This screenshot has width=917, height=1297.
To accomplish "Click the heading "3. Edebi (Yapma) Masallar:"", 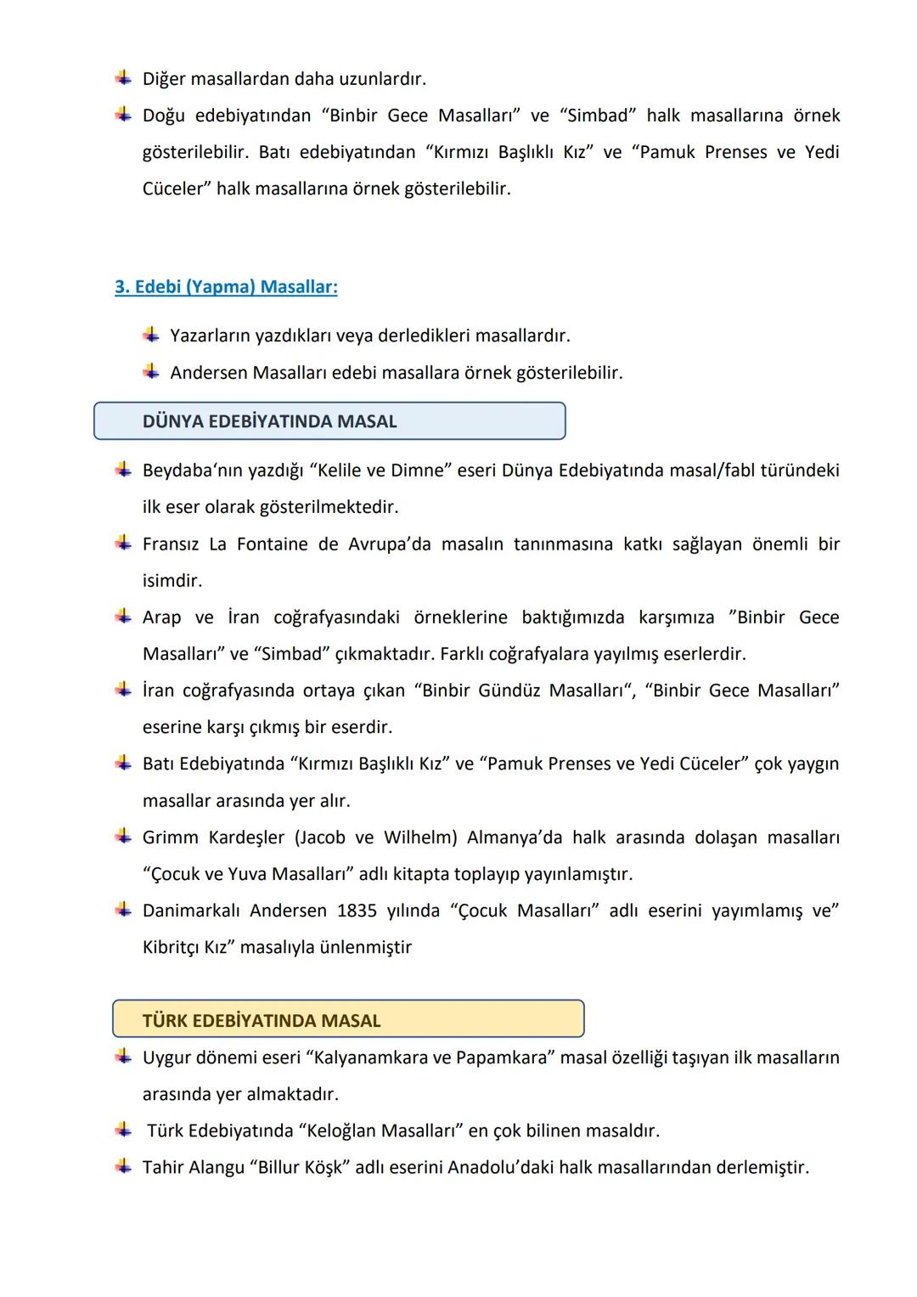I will click(226, 287).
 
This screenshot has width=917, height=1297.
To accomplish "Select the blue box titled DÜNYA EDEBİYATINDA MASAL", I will click(329, 421).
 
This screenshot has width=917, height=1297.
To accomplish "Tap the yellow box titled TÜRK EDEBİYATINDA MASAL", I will click(348, 1020).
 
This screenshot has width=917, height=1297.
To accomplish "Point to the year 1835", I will click(357, 911).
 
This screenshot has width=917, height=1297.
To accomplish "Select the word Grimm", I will click(169, 837).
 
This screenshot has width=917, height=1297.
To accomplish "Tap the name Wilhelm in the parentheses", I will click(420, 837).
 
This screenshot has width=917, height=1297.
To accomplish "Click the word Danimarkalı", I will click(191, 911).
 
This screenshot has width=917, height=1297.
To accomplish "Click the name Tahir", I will click(164, 1167).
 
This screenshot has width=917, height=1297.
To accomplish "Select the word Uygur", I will click(166, 1057).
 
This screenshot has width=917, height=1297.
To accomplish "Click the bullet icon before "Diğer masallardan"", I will click(124, 78).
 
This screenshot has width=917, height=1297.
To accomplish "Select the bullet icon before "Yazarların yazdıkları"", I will click(151, 335).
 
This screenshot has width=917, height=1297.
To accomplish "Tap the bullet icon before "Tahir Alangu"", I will click(124, 1166).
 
